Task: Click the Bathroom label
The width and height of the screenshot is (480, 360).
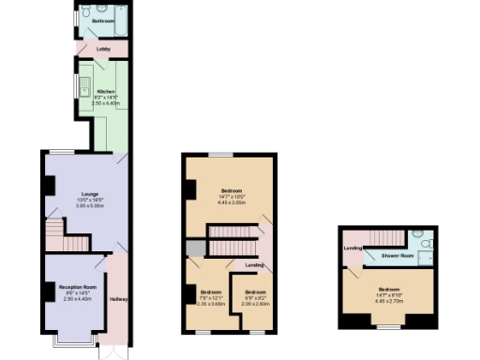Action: [103, 20]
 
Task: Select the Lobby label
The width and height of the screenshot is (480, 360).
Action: [103, 49]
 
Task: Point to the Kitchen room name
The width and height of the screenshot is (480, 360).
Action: [105, 91]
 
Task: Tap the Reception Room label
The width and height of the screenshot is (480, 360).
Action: [78, 287]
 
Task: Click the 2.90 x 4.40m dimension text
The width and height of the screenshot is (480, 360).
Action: [78, 298]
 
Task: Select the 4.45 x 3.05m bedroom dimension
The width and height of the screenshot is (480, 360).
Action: [231, 202]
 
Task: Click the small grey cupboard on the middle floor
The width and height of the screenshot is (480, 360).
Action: [194, 247]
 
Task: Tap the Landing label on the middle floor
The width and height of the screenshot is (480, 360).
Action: [253, 265]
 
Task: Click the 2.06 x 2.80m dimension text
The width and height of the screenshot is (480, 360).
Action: [255, 303]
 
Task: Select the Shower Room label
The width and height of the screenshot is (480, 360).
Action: [396, 255]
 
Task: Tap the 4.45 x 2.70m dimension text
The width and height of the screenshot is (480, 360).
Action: [389, 301]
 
